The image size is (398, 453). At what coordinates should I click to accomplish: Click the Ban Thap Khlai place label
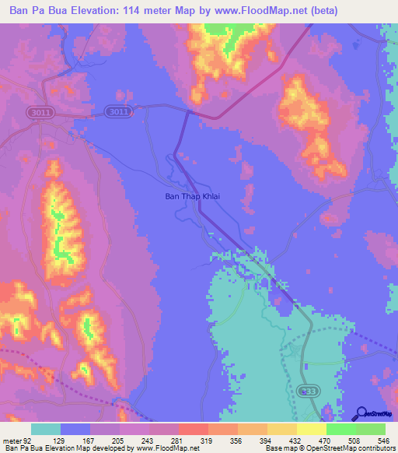point(193,197)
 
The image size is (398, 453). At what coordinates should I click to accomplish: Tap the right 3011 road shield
point(119,111)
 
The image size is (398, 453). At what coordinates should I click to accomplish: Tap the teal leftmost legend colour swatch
point(46,430)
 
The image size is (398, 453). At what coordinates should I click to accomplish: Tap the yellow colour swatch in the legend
point(312,430)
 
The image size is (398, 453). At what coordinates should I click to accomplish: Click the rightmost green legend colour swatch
point(371,430)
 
